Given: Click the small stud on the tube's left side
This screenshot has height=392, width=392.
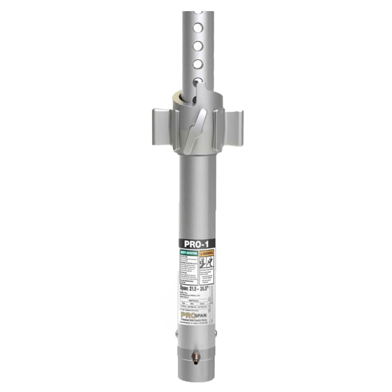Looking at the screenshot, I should click(x=177, y=336).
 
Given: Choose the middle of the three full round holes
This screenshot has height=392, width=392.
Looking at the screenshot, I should click(x=198, y=46).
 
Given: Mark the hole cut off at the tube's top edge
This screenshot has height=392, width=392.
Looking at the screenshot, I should click(x=198, y=11).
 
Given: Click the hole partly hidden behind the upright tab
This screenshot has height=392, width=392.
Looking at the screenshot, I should click(x=197, y=80).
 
